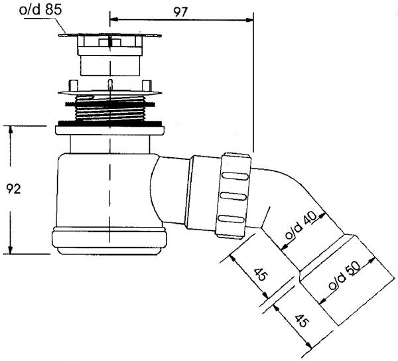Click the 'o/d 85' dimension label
point(40,10)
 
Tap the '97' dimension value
point(180,12)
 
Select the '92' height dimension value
point(13,189)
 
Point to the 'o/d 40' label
point(301,226)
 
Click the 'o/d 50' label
point(344,275)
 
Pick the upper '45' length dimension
point(261,275)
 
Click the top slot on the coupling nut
point(235,176)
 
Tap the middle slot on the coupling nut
point(233,196)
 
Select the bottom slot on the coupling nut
point(231,218)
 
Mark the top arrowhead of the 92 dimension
point(11,130)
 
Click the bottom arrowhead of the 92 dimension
point(11,250)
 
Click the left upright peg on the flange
point(72,86)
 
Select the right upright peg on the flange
point(147,86)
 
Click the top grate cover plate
point(110,35)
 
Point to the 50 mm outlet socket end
point(347,280)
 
